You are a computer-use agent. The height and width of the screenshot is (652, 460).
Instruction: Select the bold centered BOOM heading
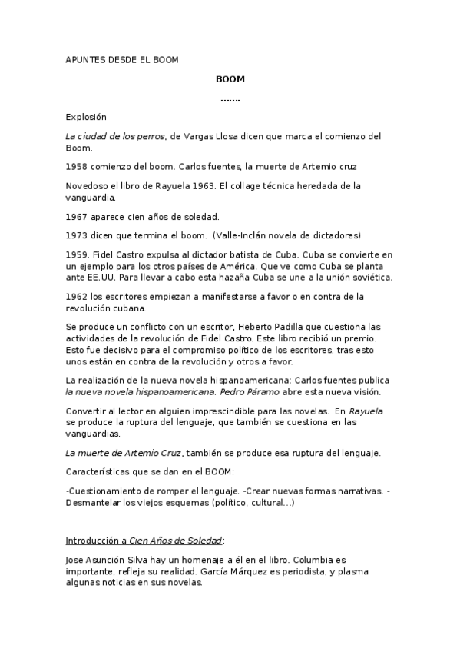(x=230, y=78)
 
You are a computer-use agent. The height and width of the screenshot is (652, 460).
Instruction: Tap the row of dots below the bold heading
(x=230, y=99)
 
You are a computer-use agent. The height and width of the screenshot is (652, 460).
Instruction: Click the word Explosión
(x=86, y=117)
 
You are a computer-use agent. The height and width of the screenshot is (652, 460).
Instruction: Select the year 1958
(x=78, y=166)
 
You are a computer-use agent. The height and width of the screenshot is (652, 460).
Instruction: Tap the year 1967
(x=78, y=215)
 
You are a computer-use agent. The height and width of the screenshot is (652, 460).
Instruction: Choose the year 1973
(x=78, y=235)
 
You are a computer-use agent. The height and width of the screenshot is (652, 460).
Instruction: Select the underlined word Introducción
(x=95, y=541)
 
